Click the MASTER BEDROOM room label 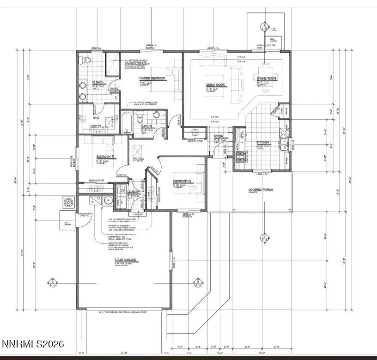(x=152, y=79)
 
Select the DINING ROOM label (x=267, y=79)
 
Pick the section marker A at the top (x=265, y=26)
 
